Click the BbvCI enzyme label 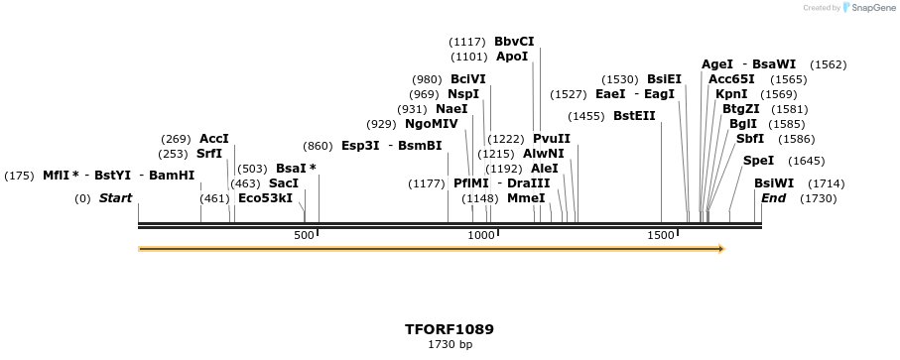coord(514,42)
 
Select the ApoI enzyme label coord(512,57)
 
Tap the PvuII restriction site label coord(552,138)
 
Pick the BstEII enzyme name coord(634,116)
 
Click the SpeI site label coord(758,161)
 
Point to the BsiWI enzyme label coord(774,183)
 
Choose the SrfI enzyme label coord(209,154)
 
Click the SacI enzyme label coord(284,183)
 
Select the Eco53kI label coord(265,198)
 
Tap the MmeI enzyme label coord(526,198)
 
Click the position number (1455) coord(585,116)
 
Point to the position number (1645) coord(806,161)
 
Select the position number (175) coord(19,176)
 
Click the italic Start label coord(115,198)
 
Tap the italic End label coord(773,198)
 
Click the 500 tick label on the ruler coord(304,235)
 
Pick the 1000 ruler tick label coord(480,235)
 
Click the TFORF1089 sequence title coord(450,329)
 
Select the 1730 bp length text coord(450,345)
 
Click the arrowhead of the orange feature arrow coord(720,249)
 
